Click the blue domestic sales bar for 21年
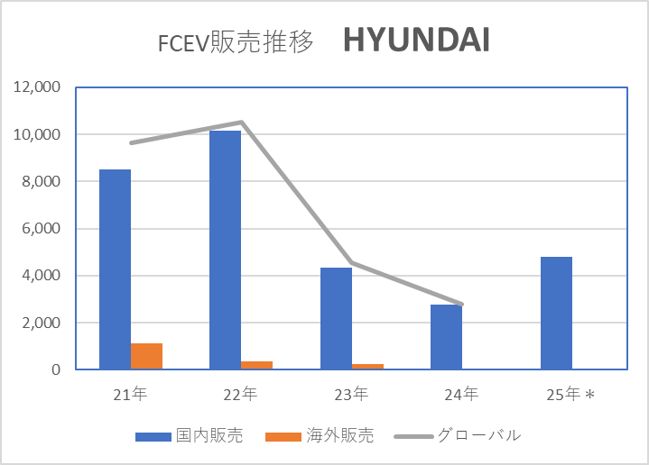[115, 269]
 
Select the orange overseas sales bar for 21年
[146, 356]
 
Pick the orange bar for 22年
[256, 365]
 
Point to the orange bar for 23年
[366, 366]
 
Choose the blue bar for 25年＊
[556, 313]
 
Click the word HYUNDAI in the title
[416, 41]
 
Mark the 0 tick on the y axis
[56, 369]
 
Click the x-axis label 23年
[350, 394]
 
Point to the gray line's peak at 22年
[241, 123]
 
